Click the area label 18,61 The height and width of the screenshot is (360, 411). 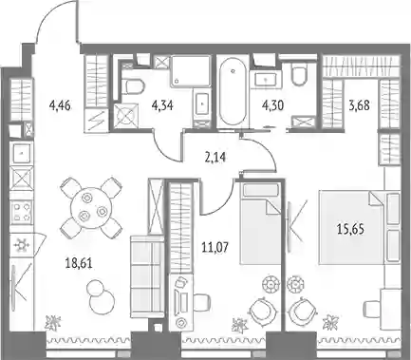(79, 264)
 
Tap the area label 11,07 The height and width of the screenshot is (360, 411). (215, 247)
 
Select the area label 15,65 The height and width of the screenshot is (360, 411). (350, 229)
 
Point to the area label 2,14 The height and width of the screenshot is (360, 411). (215, 157)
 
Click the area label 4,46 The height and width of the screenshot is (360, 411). (60, 105)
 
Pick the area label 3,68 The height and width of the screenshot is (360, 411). (359, 105)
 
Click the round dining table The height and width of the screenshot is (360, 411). (91, 208)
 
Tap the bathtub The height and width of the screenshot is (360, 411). (233, 91)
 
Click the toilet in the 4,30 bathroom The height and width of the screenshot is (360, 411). (299, 74)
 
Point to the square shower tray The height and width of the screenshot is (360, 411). (191, 71)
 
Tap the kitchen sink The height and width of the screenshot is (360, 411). (22, 153)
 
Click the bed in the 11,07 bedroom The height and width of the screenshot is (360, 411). (260, 223)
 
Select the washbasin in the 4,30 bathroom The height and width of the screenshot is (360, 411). (266, 78)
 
